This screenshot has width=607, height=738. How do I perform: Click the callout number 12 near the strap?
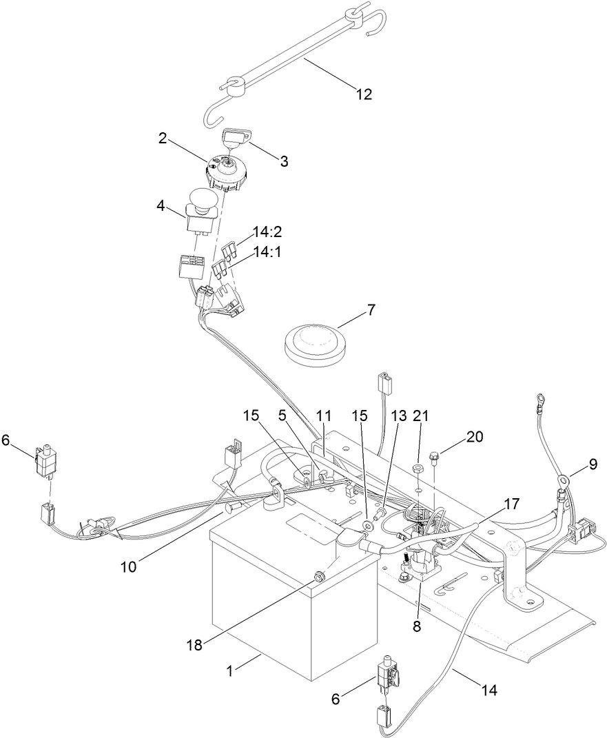click(364, 94)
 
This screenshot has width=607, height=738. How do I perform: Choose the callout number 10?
click(129, 566)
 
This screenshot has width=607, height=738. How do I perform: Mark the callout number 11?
click(324, 416)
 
